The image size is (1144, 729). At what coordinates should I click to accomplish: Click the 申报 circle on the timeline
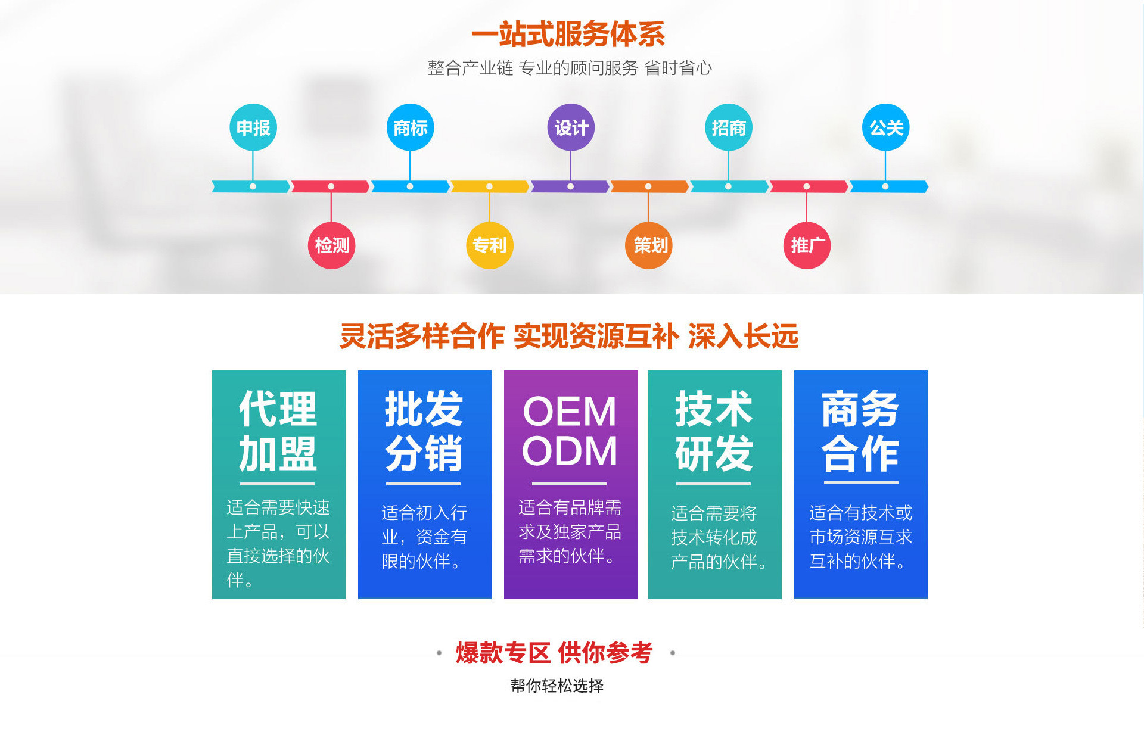click(253, 127)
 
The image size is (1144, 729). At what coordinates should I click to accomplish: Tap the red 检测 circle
click(332, 245)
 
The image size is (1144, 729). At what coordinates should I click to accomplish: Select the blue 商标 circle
click(410, 127)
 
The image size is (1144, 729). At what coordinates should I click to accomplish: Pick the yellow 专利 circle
click(489, 245)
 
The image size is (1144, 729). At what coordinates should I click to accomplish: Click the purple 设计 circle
click(571, 127)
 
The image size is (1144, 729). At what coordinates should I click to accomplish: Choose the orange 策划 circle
click(649, 245)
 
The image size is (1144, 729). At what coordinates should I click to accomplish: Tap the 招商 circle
click(728, 127)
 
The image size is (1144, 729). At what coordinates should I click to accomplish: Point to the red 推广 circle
click(807, 245)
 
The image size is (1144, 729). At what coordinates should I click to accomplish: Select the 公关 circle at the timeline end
click(885, 127)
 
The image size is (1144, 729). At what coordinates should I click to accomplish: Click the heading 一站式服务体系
click(568, 35)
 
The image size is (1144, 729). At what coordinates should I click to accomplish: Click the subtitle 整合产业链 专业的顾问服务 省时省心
click(570, 68)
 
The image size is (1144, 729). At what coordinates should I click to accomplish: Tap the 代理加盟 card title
click(278, 431)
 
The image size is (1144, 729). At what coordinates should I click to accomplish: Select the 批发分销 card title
click(424, 431)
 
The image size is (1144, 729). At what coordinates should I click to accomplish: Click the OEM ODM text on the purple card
click(570, 431)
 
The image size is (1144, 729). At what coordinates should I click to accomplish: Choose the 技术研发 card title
click(714, 431)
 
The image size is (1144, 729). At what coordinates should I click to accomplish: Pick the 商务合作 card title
click(860, 431)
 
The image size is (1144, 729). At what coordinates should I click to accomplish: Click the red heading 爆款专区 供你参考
click(555, 653)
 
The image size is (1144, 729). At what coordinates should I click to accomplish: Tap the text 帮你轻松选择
click(557, 686)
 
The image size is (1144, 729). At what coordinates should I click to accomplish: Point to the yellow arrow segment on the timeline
click(489, 186)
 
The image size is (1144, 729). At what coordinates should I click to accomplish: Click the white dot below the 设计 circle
click(571, 186)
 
